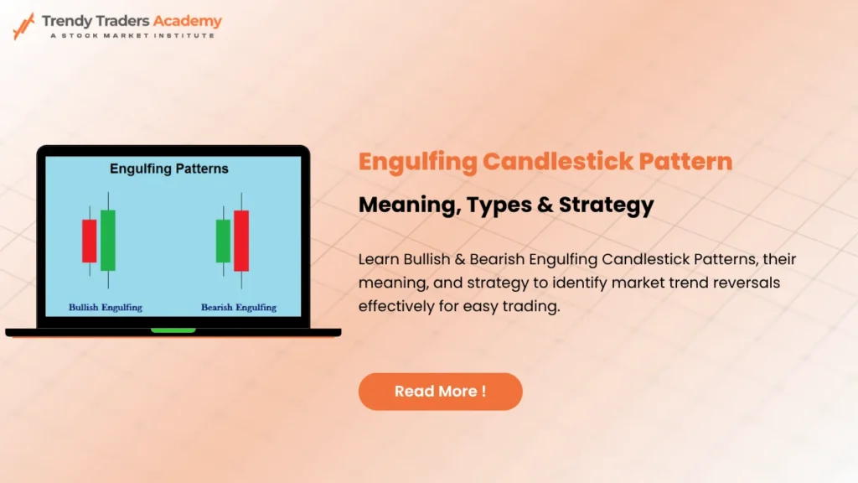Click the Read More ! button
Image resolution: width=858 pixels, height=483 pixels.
click(440, 392)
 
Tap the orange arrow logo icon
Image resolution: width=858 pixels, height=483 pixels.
click(23, 26)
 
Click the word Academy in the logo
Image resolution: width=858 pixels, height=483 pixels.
click(188, 21)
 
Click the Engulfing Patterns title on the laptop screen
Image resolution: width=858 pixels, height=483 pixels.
click(169, 169)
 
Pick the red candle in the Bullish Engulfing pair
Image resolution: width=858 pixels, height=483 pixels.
click(89, 241)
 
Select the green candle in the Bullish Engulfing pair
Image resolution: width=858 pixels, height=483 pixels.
click(108, 240)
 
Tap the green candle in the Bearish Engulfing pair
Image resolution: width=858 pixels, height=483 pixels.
click(223, 241)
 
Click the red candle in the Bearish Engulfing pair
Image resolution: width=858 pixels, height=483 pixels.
click(241, 241)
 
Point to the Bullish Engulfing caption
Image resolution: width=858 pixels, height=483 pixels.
click(106, 308)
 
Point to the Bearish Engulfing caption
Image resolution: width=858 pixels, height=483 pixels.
click(239, 308)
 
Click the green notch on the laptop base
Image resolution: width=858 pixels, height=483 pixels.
click(173, 330)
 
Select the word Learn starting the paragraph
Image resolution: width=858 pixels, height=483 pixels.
click(378, 259)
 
